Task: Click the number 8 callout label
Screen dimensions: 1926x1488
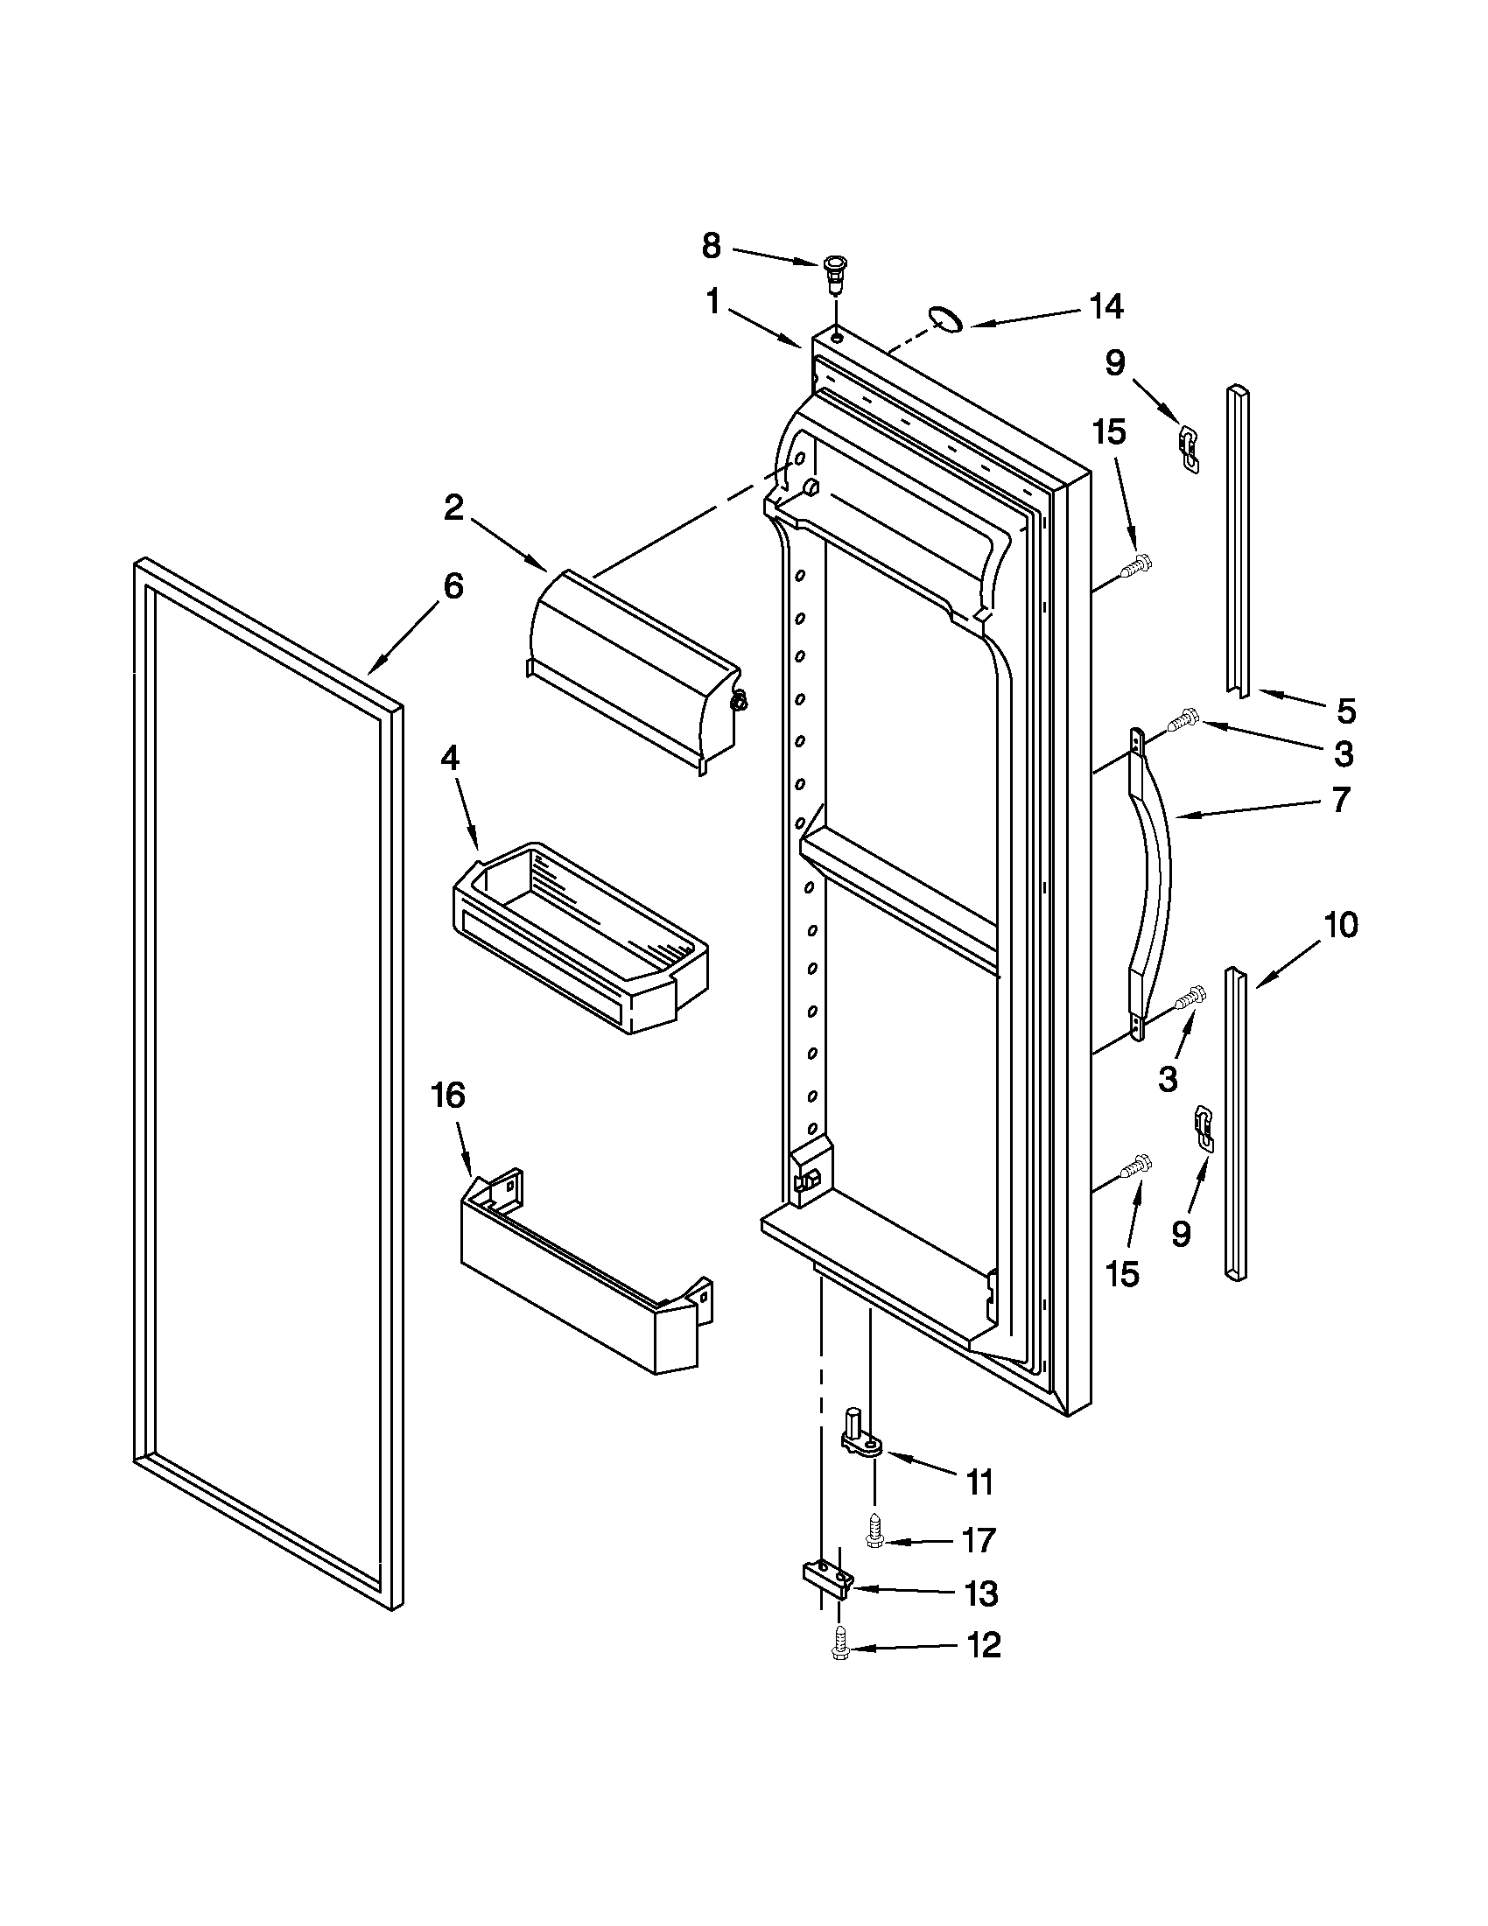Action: (x=711, y=246)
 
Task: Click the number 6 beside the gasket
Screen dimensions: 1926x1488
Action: (x=453, y=585)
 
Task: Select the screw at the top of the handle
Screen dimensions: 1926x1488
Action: (x=1182, y=720)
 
